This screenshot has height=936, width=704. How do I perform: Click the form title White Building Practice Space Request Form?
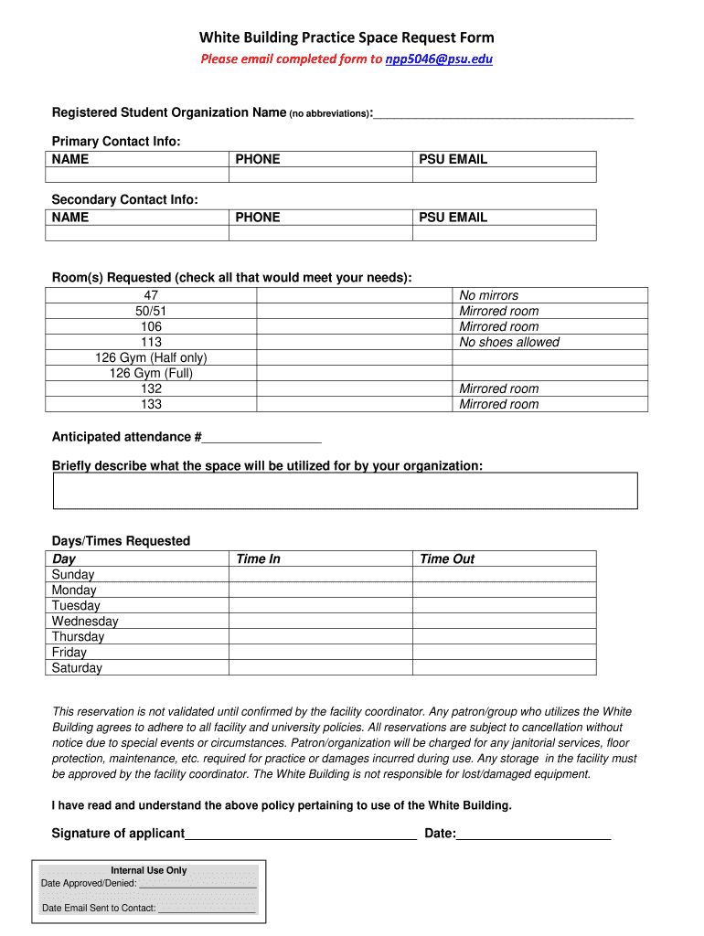coord(347,37)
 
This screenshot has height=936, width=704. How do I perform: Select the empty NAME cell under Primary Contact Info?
coord(137,175)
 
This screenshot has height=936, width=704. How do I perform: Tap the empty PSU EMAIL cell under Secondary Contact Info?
coord(504,233)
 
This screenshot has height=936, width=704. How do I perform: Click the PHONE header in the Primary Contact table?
coord(258,159)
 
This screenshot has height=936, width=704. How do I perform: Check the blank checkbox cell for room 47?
coord(354,295)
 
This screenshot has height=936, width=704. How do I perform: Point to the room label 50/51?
coord(151,311)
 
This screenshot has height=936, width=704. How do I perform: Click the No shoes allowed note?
coord(509,342)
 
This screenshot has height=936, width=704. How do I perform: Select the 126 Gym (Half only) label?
coord(151,357)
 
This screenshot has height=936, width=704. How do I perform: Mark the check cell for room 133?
coord(354,404)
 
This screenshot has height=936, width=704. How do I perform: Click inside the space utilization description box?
coord(346,490)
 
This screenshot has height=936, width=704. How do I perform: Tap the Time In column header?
coord(258,558)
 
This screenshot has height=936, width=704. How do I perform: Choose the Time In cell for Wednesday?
coord(320,622)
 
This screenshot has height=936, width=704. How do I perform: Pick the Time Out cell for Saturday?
coord(504,668)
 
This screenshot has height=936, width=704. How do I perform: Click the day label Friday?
coord(69,653)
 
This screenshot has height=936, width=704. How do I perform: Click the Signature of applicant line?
coord(301,834)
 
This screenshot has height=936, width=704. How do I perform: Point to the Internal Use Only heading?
coord(149,870)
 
